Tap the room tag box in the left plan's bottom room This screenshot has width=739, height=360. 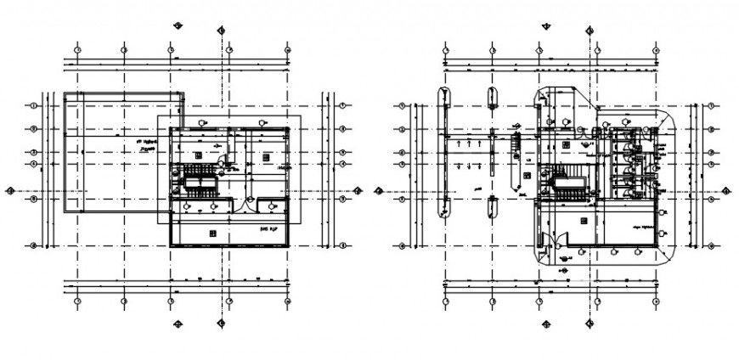point(212,230)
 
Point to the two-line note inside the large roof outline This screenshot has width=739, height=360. point(151,145)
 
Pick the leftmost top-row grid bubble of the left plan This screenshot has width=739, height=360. point(77,50)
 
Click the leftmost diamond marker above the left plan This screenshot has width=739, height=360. point(178,25)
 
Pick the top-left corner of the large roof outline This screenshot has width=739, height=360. point(65,93)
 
